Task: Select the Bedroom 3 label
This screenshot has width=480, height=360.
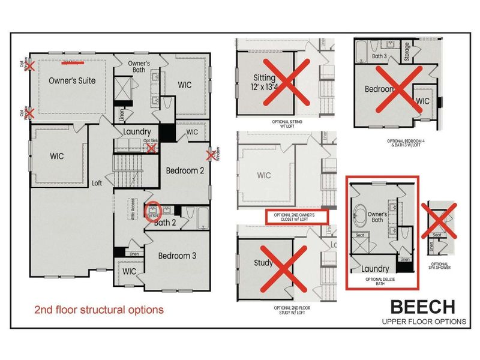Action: [x=178, y=255]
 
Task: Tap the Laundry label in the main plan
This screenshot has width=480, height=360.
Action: [x=137, y=132]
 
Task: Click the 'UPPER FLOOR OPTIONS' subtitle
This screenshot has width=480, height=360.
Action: [x=424, y=322]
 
